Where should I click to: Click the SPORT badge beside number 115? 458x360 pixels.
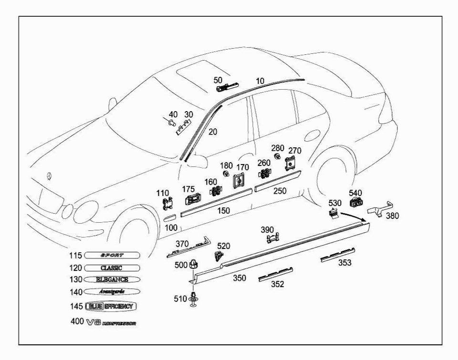tap(112, 256)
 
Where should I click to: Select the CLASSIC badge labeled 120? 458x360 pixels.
tap(112, 268)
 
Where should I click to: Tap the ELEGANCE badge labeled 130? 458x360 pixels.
tap(112, 279)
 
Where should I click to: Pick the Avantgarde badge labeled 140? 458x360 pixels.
tap(112, 291)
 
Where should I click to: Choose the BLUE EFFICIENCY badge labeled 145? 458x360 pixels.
tap(113, 306)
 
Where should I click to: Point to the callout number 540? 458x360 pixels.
tap(355, 193)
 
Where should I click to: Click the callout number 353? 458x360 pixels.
tap(345, 262)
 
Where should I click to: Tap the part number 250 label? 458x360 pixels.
tap(280, 191)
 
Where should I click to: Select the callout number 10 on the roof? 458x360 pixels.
tap(260, 81)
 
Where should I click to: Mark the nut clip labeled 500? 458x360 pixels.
tap(194, 264)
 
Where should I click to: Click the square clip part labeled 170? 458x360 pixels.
tap(239, 180)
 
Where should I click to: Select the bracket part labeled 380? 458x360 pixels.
tap(382, 208)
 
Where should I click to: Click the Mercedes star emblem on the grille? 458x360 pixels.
tap(49, 176)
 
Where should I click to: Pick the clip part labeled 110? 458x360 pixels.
tap(167, 205)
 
